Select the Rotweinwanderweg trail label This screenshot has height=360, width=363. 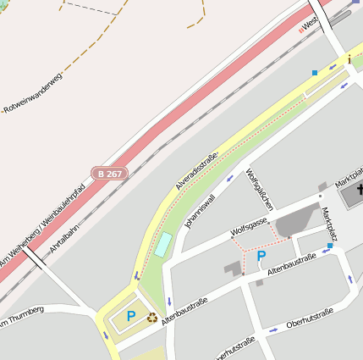click(34, 94)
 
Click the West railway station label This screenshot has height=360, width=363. click(309, 25)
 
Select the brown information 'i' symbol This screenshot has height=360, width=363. click(349, 58)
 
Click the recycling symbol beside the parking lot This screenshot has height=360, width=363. click(152, 318)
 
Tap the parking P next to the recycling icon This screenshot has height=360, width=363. click(131, 316)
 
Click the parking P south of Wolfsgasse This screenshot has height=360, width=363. click(261, 256)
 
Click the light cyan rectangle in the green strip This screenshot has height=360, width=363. click(162, 246)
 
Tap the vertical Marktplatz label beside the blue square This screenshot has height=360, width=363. click(329, 225)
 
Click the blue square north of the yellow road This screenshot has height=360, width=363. click(315, 73)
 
